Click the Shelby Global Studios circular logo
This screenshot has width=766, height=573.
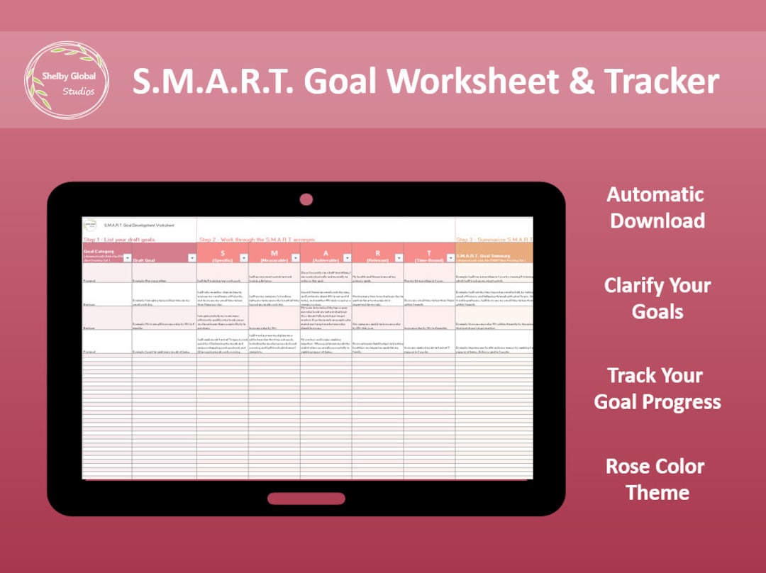tap(67, 80)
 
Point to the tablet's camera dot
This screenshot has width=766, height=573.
tap(306, 199)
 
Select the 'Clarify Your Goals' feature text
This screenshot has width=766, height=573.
tap(657, 298)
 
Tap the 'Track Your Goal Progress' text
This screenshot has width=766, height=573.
tap(657, 389)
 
